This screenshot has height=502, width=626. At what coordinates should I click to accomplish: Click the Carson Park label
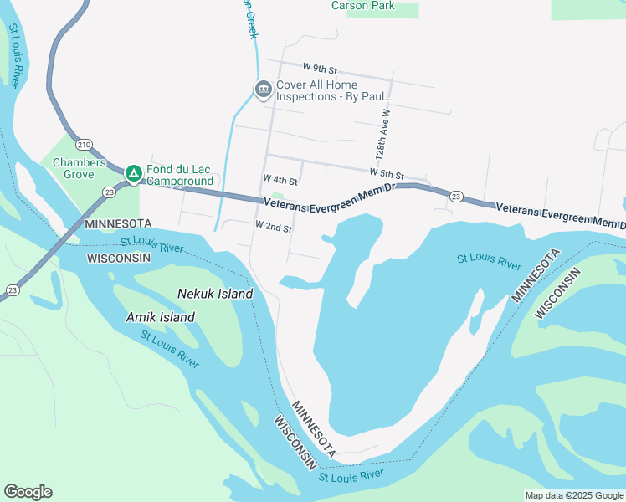pos(362,6)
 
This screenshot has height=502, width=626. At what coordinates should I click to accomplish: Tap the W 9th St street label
pos(320,67)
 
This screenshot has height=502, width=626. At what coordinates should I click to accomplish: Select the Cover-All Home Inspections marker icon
pos(263,89)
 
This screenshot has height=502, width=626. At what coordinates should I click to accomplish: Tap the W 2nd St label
pos(274,228)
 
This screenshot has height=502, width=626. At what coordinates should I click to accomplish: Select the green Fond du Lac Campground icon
pos(133,173)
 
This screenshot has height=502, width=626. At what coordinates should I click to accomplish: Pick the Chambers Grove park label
pos(80,169)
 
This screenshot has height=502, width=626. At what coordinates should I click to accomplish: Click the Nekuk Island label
pos(215,294)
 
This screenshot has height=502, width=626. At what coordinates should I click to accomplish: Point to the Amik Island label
pos(160,317)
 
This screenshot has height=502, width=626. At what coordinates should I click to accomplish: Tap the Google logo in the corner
pos(28,492)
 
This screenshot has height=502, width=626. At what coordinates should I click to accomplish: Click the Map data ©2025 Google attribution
pos(574,495)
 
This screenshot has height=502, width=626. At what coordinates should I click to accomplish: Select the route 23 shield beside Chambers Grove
pos(110,192)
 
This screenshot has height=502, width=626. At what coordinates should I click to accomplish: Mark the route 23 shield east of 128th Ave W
pos(455,197)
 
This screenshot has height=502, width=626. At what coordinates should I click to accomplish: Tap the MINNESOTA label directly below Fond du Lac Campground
pos(118,224)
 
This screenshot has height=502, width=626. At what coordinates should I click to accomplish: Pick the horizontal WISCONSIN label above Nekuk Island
pos(119,258)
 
